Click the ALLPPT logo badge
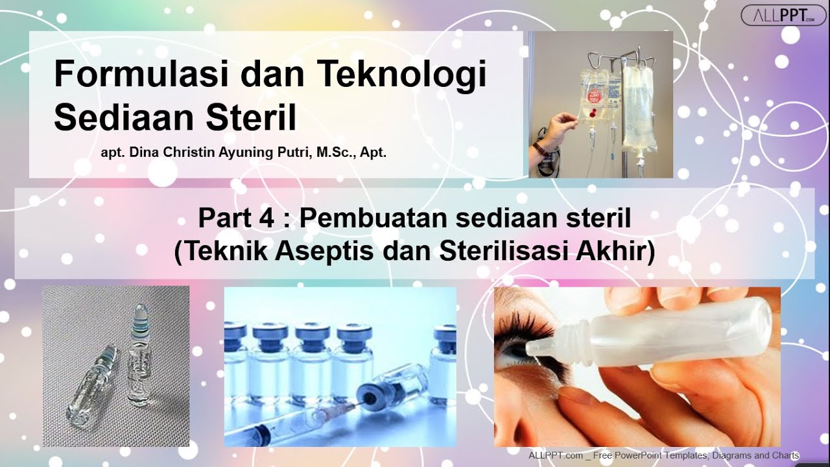coord(783,15)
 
